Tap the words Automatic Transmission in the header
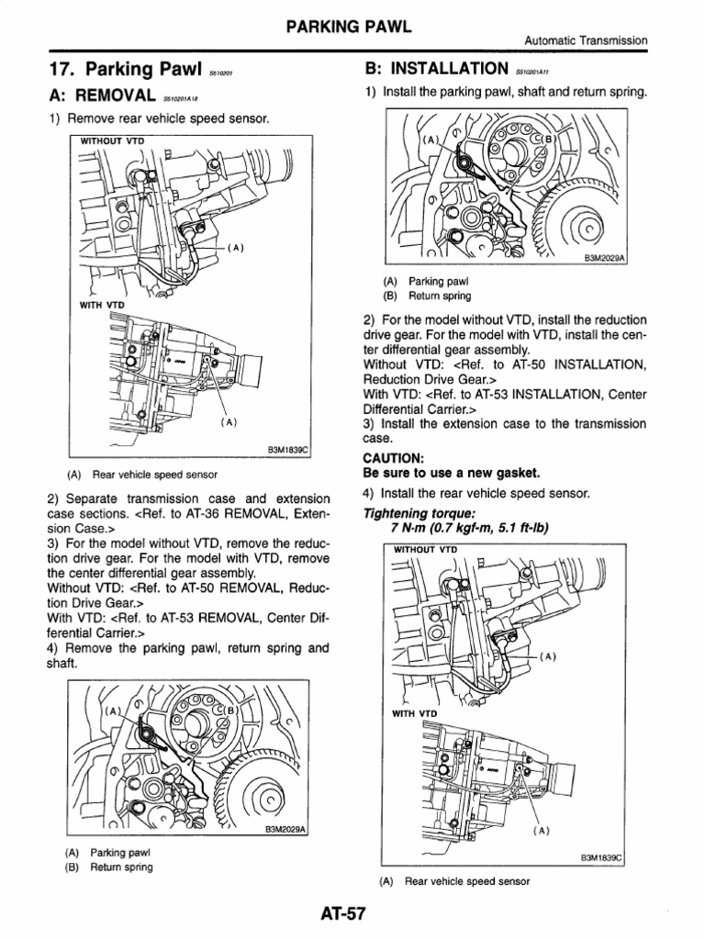click(x=586, y=40)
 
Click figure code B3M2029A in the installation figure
click(x=603, y=259)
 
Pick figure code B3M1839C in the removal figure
click(x=289, y=451)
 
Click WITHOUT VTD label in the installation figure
click(x=425, y=549)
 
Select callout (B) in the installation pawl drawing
click(x=550, y=139)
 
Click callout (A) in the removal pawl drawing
click(x=115, y=711)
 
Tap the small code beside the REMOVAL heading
click(x=181, y=99)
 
